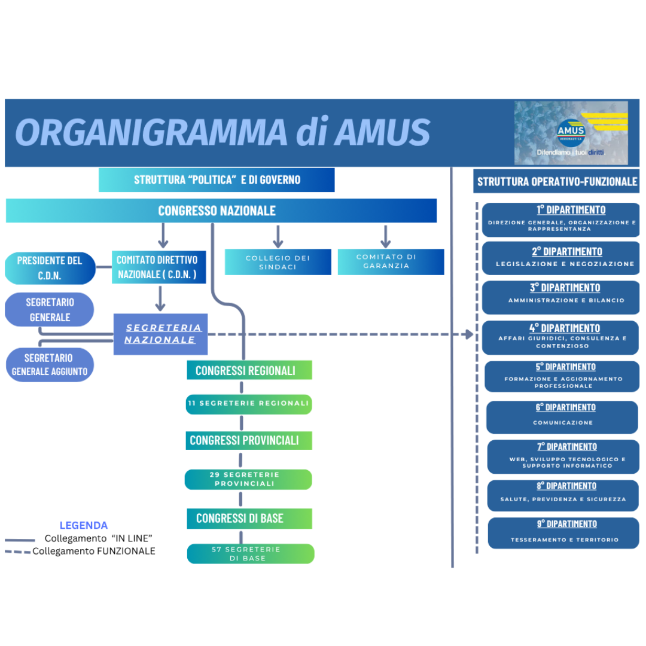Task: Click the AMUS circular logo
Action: pos(571,132)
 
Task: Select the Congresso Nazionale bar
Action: pos(221,211)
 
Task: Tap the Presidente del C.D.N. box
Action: pos(50,268)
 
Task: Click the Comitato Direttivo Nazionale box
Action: pos(159,267)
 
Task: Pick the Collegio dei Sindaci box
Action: pos(278,262)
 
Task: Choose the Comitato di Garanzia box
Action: pos(391,261)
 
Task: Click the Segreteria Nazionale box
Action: pos(160,334)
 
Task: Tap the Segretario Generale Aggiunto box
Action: pos(50,365)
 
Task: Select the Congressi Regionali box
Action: pos(249,370)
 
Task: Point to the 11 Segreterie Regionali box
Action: pos(249,404)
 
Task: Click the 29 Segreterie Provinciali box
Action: pos(248,479)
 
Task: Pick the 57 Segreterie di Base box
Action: pos(251,554)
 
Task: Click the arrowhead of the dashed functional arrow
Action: pos(470,334)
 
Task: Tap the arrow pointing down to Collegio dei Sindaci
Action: pos(278,236)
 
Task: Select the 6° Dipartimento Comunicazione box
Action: pos(562,417)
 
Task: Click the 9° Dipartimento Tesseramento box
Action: pos(563,533)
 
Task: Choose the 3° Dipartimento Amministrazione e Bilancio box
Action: pos(560,297)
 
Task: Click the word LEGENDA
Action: pos(84,525)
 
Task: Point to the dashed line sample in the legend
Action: pos(18,551)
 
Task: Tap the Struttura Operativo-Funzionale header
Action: pos(556,181)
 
